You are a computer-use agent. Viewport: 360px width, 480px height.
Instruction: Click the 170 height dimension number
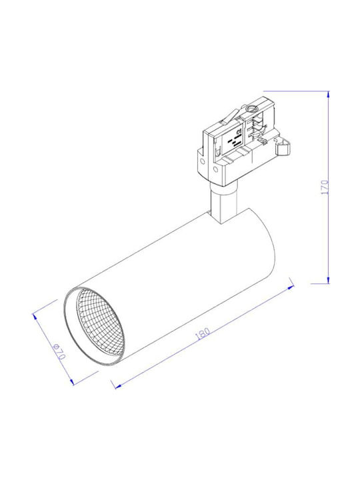tap(325, 187)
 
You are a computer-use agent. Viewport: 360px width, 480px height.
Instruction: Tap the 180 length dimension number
tap(203, 333)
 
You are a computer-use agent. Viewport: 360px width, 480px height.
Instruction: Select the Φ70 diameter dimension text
tap(59, 352)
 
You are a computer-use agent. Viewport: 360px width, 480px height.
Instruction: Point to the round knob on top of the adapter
tap(252, 109)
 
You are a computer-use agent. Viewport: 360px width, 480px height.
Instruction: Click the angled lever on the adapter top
tap(231, 116)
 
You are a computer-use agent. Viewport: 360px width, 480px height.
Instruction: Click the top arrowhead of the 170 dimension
tap(328, 94)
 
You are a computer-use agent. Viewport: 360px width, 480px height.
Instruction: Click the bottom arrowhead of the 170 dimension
tap(328, 281)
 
